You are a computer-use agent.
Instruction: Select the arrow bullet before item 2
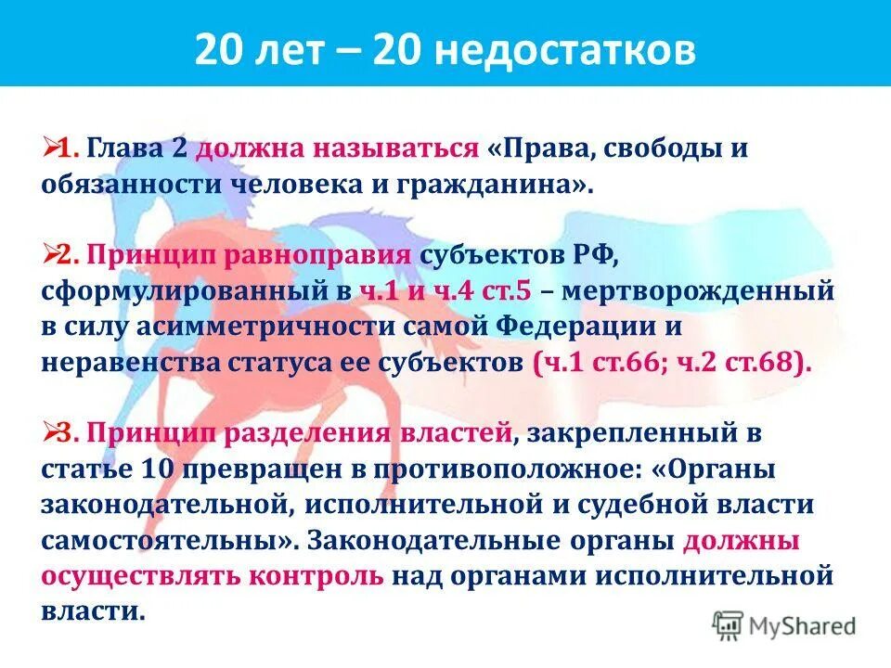click(50, 254)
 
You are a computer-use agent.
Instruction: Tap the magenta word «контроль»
click(316, 575)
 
